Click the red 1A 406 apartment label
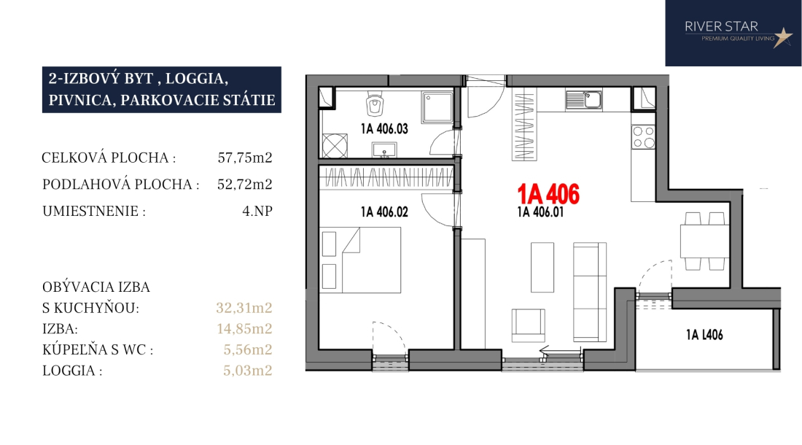tap(548, 194)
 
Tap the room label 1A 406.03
tap(384, 128)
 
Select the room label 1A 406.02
tap(384, 212)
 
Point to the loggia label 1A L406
tap(704, 335)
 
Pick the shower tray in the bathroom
tap(437, 107)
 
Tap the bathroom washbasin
tap(384, 150)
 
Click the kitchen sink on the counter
tap(583, 99)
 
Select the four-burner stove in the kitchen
tap(643, 137)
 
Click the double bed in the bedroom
tap(360, 260)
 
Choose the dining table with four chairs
tap(704, 241)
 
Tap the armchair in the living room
tap(529, 325)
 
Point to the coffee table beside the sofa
tap(542, 267)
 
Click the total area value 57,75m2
tap(245, 158)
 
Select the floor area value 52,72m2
tap(245, 184)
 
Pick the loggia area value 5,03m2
tap(248, 371)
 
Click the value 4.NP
tap(257, 211)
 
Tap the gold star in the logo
tap(782, 36)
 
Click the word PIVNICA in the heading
tap(82, 100)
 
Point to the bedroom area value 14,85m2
tap(244, 328)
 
